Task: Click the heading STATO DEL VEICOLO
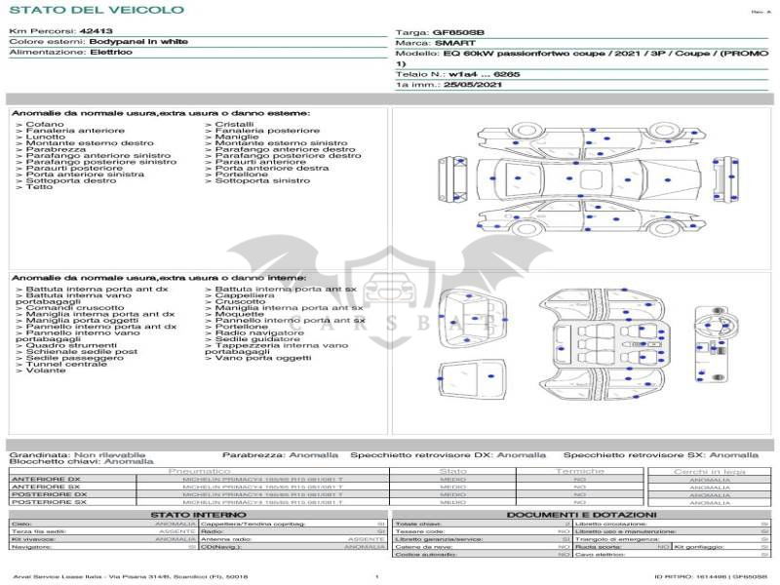point(97,10)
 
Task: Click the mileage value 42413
point(96,31)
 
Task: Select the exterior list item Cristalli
point(235,125)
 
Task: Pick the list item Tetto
point(40,186)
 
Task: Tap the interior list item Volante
point(46,370)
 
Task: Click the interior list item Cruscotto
point(240,301)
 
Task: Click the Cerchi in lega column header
point(709,471)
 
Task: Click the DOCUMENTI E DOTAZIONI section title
point(581,514)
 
